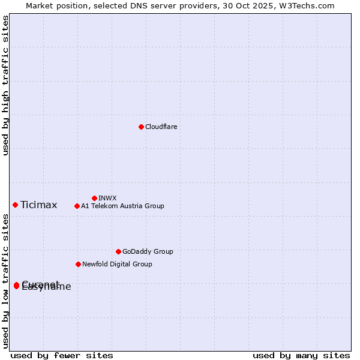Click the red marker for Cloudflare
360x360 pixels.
tap(141, 127)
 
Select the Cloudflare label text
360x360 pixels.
tap(161, 127)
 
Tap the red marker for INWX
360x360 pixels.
tap(94, 198)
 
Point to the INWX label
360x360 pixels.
tap(107, 198)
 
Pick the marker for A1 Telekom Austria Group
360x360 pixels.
tap(77, 206)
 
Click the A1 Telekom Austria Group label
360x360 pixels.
tap(122, 206)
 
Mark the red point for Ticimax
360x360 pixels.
tap(15, 205)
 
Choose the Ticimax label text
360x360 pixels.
tap(38, 205)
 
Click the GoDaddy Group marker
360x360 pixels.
tap(118, 251)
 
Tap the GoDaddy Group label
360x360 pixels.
tap(148, 251)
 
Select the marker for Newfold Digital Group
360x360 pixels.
tap(78, 264)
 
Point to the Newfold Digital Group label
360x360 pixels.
tap(117, 264)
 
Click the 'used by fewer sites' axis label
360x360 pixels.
tap(62, 355)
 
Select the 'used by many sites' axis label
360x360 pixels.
tap(301, 355)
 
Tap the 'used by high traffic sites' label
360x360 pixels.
tap(5, 85)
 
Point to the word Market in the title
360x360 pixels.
tap(40, 5)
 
